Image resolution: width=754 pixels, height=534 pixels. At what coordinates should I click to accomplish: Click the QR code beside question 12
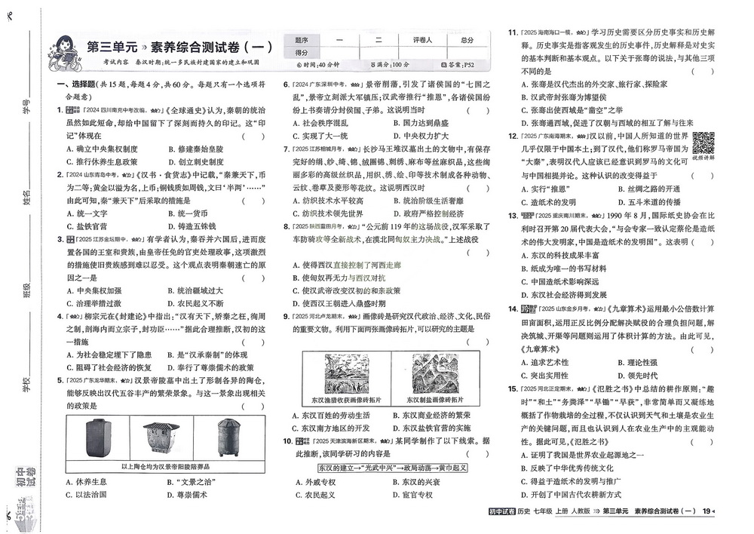pyautogui.click(x=703, y=142)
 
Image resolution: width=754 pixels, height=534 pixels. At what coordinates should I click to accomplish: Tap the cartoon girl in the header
pyautogui.click(x=63, y=48)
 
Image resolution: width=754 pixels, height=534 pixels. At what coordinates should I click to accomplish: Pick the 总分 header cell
pyautogui.click(x=467, y=40)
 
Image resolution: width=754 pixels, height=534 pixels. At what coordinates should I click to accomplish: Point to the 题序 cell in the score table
pyautogui.click(x=302, y=40)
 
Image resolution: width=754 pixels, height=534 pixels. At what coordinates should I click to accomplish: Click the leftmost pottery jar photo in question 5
pyautogui.click(x=96, y=439)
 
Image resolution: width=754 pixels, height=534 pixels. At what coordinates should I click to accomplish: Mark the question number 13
pyautogui.click(x=512, y=216)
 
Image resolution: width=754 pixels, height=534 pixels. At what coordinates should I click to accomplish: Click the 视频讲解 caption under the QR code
pyautogui.click(x=703, y=159)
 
